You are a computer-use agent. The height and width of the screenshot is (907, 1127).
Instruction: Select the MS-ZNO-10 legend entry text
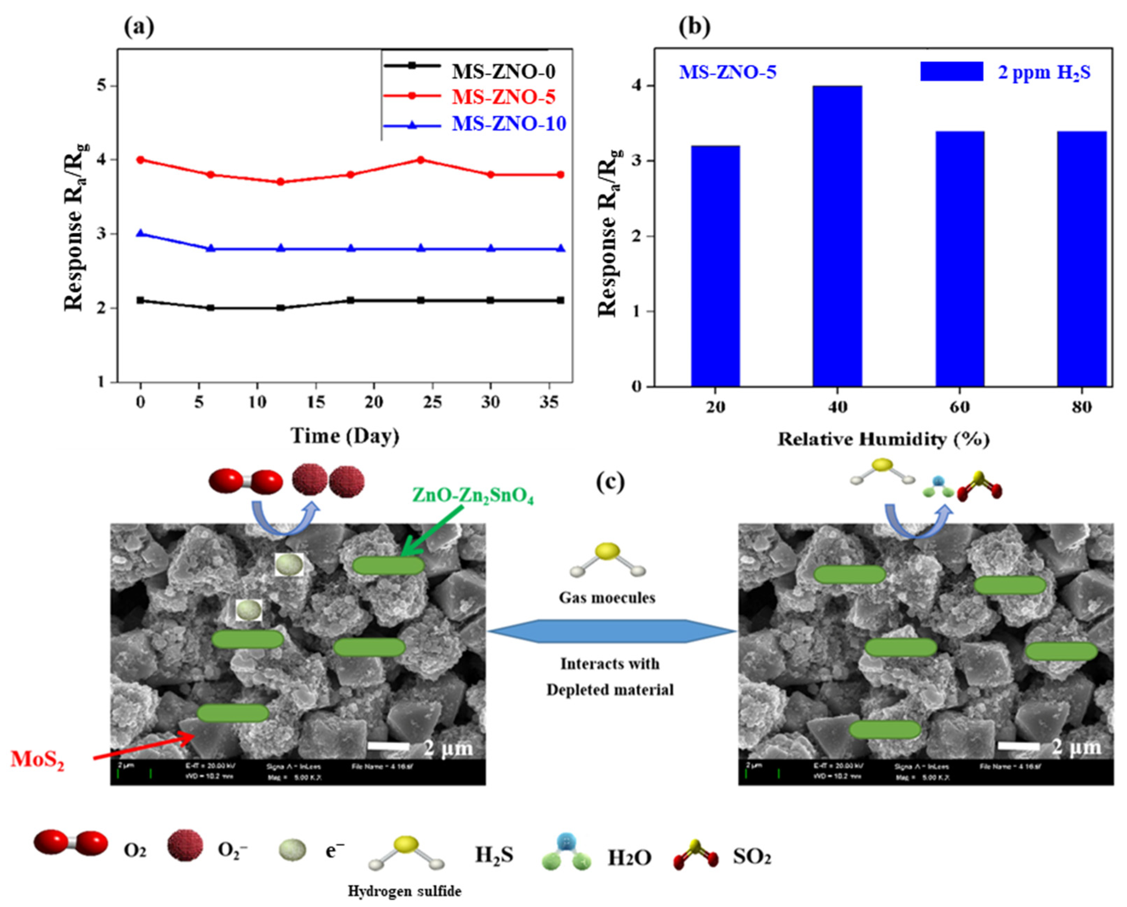(x=509, y=124)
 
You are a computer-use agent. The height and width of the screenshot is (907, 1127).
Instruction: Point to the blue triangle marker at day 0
(x=140, y=234)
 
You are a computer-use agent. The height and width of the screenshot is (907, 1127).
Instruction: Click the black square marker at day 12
(x=281, y=308)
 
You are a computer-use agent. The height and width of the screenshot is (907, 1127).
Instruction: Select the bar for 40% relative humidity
(x=837, y=236)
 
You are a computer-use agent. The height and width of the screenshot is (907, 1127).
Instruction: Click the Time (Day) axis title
(x=345, y=435)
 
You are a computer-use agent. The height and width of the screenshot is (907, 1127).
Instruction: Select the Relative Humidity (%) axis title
(x=883, y=439)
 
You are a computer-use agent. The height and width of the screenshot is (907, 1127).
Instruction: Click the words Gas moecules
(x=607, y=597)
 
